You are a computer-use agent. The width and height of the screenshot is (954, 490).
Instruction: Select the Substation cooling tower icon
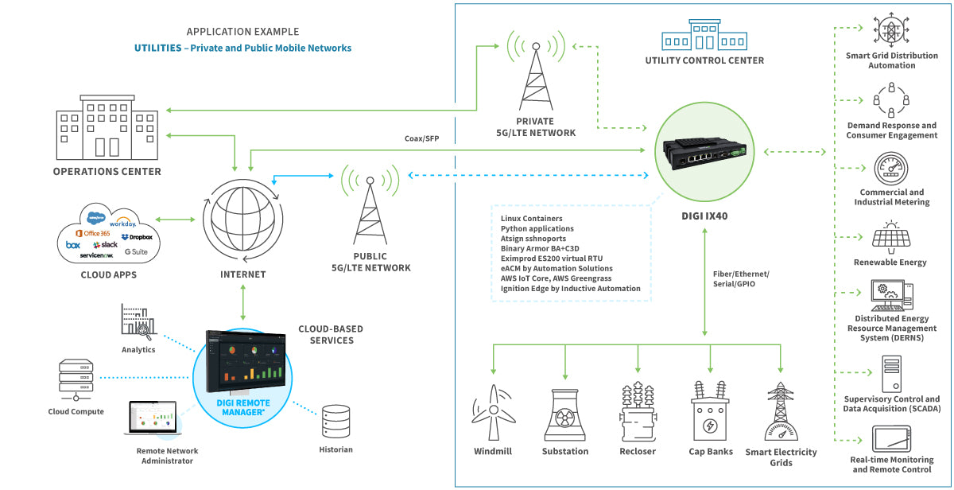point(565,414)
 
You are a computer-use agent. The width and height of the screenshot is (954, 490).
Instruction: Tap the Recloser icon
point(638,411)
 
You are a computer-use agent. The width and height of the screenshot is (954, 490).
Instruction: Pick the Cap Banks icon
point(710,411)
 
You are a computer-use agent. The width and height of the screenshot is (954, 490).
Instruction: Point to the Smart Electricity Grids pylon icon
point(781,411)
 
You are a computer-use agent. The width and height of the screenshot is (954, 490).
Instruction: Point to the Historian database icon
point(336,422)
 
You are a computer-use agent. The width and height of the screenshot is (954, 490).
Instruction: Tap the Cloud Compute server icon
point(76,380)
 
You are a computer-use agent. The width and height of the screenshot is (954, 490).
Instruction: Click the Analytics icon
point(138,321)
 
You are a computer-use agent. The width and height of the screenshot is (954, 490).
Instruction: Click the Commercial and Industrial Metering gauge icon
point(891,169)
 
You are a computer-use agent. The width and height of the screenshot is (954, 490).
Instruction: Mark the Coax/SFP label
point(421,138)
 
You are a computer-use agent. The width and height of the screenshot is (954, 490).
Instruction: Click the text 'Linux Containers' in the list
point(531,218)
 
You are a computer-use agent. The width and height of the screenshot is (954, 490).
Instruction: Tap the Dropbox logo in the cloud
point(137,237)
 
